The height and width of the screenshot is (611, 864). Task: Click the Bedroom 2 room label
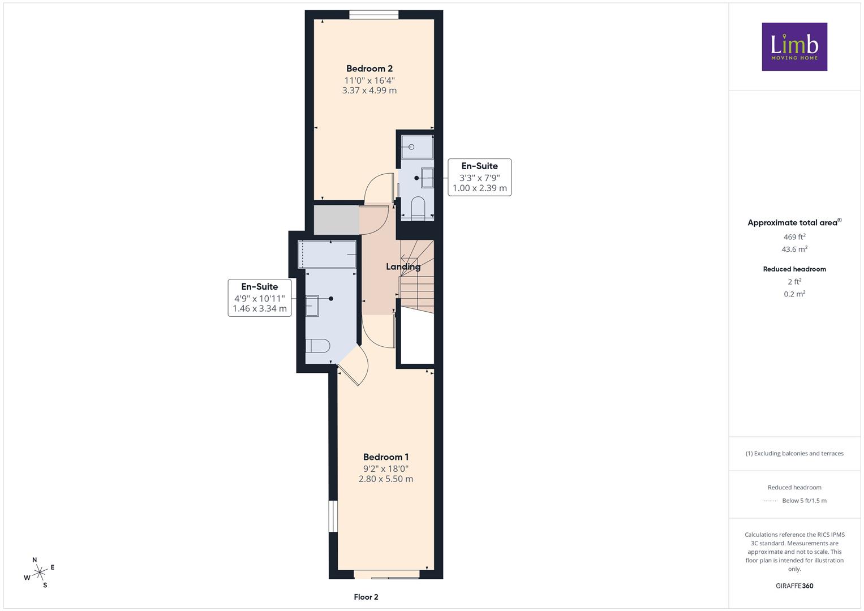pos(369,68)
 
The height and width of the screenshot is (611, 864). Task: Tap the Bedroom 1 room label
pos(386,457)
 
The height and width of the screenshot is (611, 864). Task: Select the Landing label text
pos(403,266)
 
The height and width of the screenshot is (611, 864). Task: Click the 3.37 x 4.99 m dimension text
pos(369,91)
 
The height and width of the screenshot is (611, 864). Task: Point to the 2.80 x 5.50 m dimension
pos(386,479)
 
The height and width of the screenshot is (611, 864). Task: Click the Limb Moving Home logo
pos(794,46)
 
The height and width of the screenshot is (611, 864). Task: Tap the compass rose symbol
pos(39,572)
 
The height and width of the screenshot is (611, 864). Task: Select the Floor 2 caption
pos(366,597)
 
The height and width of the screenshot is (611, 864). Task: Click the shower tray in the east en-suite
pos(417,147)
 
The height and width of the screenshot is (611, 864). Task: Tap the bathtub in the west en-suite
pos(327,254)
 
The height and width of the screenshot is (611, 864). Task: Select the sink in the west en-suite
pos(312,306)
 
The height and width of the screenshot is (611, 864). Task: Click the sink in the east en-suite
pos(427,178)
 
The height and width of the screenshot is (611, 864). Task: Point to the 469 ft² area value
pos(794,237)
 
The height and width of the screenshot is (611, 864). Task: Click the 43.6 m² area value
pos(794,249)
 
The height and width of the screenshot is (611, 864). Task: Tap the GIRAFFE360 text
pos(794,586)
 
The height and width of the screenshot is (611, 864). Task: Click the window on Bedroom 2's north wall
pos(374,15)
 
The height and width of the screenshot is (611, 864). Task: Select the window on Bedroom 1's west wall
pos(333,517)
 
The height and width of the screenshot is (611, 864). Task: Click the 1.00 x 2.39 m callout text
pos(479,188)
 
